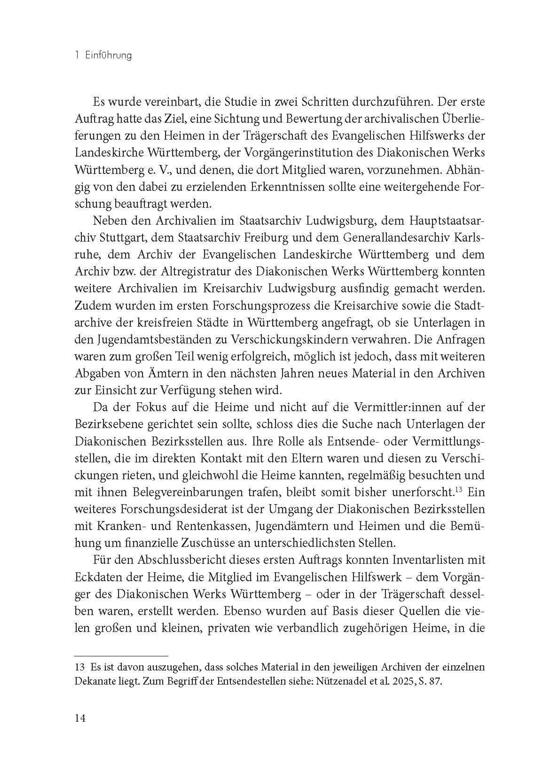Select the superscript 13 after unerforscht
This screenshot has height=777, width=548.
pos(459,489)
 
